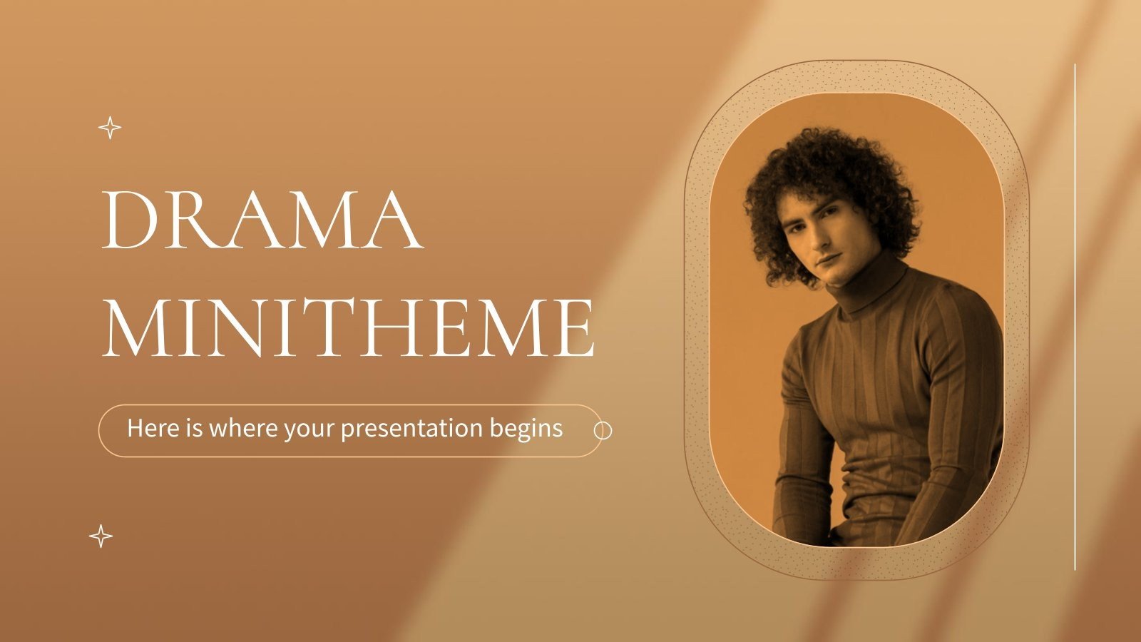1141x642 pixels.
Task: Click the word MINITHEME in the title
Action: point(349,328)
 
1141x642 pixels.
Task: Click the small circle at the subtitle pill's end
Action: point(603,431)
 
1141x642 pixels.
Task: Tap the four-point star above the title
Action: point(109,128)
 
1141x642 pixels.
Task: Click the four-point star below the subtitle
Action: point(101,536)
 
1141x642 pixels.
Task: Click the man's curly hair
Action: point(827,164)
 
